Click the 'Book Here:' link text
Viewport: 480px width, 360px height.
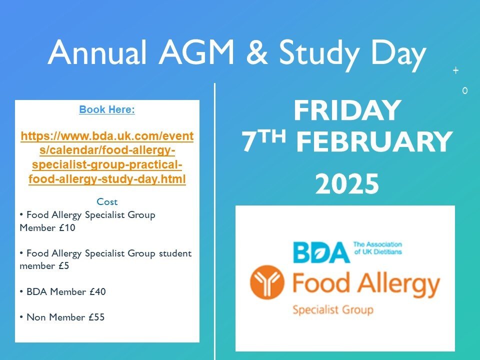(x=107, y=110)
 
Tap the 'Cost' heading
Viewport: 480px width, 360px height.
(x=107, y=202)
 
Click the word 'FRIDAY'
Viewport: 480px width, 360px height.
(x=347, y=111)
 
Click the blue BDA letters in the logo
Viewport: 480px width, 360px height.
(x=321, y=253)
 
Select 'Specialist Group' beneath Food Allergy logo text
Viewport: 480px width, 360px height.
(x=332, y=310)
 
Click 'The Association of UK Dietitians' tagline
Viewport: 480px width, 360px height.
(x=377, y=248)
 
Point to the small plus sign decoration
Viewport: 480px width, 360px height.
(x=455, y=71)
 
